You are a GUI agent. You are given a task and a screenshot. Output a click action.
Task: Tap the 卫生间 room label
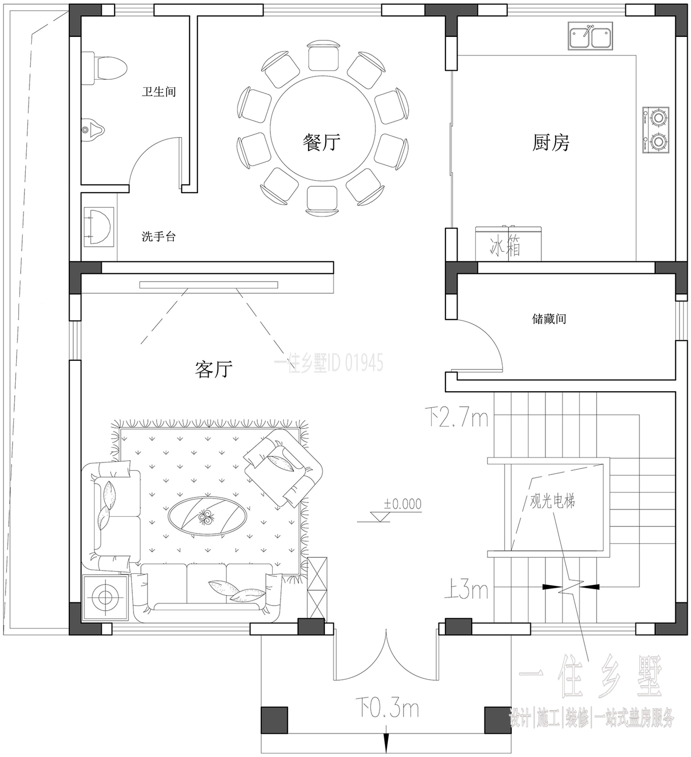coord(159,92)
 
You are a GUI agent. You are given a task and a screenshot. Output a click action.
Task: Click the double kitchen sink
coord(590,36)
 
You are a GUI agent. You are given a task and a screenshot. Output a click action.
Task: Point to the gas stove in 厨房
coord(656,130)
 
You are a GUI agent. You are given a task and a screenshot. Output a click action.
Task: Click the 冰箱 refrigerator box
coord(508,244)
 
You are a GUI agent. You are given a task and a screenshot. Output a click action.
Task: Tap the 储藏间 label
coord(549,319)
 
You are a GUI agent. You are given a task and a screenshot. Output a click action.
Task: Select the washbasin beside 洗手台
coord(98,227)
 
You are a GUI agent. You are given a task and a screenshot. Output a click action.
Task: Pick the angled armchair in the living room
coord(283,468)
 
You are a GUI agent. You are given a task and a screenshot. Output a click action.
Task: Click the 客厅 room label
coord(214,369)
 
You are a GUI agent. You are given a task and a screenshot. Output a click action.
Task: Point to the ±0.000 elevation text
coord(403,504)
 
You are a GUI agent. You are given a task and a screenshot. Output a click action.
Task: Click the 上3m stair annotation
coord(466,590)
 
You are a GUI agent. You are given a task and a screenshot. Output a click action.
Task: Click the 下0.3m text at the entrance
coord(387,709)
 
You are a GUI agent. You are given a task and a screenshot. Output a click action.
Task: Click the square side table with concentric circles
coord(105,598)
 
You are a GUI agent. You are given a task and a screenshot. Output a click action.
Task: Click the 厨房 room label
coord(551,143)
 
